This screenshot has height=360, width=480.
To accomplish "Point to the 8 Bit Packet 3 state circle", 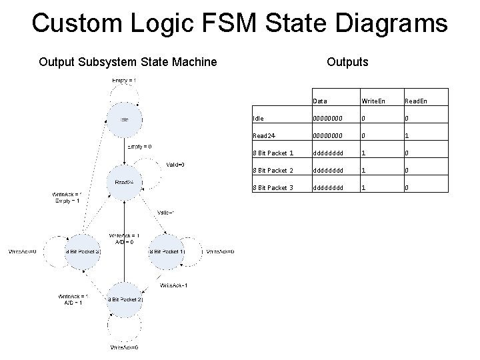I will click(83, 251).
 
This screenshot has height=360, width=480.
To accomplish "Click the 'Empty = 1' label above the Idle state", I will click(124, 81).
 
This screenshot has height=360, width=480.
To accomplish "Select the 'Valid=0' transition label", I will click(175, 165).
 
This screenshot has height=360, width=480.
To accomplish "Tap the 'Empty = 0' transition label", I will click(139, 147).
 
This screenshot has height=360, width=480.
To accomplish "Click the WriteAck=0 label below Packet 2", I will click(124, 347).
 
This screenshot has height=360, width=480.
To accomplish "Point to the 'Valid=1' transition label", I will click(166, 213).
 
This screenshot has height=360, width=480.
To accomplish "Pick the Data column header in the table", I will click(320, 101).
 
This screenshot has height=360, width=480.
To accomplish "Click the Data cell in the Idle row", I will click(329, 118).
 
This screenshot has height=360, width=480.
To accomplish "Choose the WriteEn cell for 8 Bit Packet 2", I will click(363, 170).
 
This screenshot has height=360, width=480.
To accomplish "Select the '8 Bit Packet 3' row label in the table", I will click(273, 187).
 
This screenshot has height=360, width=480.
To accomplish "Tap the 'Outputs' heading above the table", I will click(347, 62).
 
